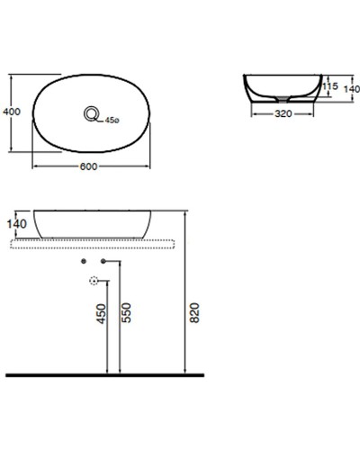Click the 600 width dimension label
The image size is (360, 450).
[89, 165]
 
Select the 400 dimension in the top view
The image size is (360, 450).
[12, 112]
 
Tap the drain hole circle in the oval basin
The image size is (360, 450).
[92, 113]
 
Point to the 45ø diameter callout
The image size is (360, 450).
[112, 120]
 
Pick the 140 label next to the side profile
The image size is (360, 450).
[351, 90]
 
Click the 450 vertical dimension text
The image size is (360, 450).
[102, 312]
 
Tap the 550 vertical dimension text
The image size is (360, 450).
[127, 312]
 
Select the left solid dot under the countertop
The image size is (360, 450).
[84, 260]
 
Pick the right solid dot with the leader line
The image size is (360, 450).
[104, 260]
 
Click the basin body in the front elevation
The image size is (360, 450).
[89, 221]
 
